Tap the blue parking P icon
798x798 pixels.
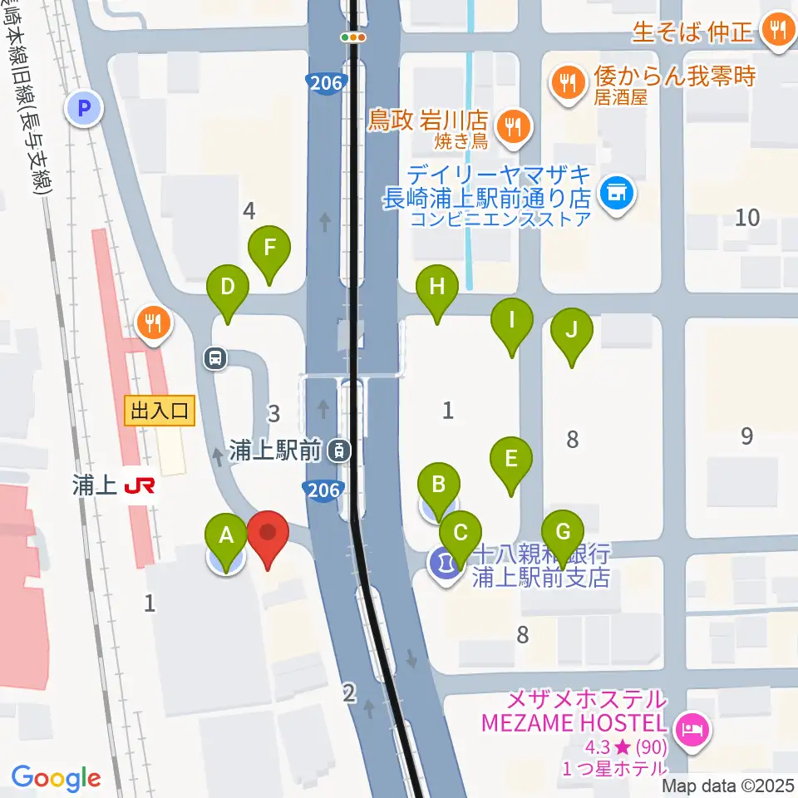[84, 107]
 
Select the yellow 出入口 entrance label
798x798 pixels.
[160, 410]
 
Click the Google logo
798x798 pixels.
[56, 778]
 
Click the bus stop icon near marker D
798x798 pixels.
[215, 358]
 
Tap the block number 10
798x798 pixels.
[748, 218]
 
